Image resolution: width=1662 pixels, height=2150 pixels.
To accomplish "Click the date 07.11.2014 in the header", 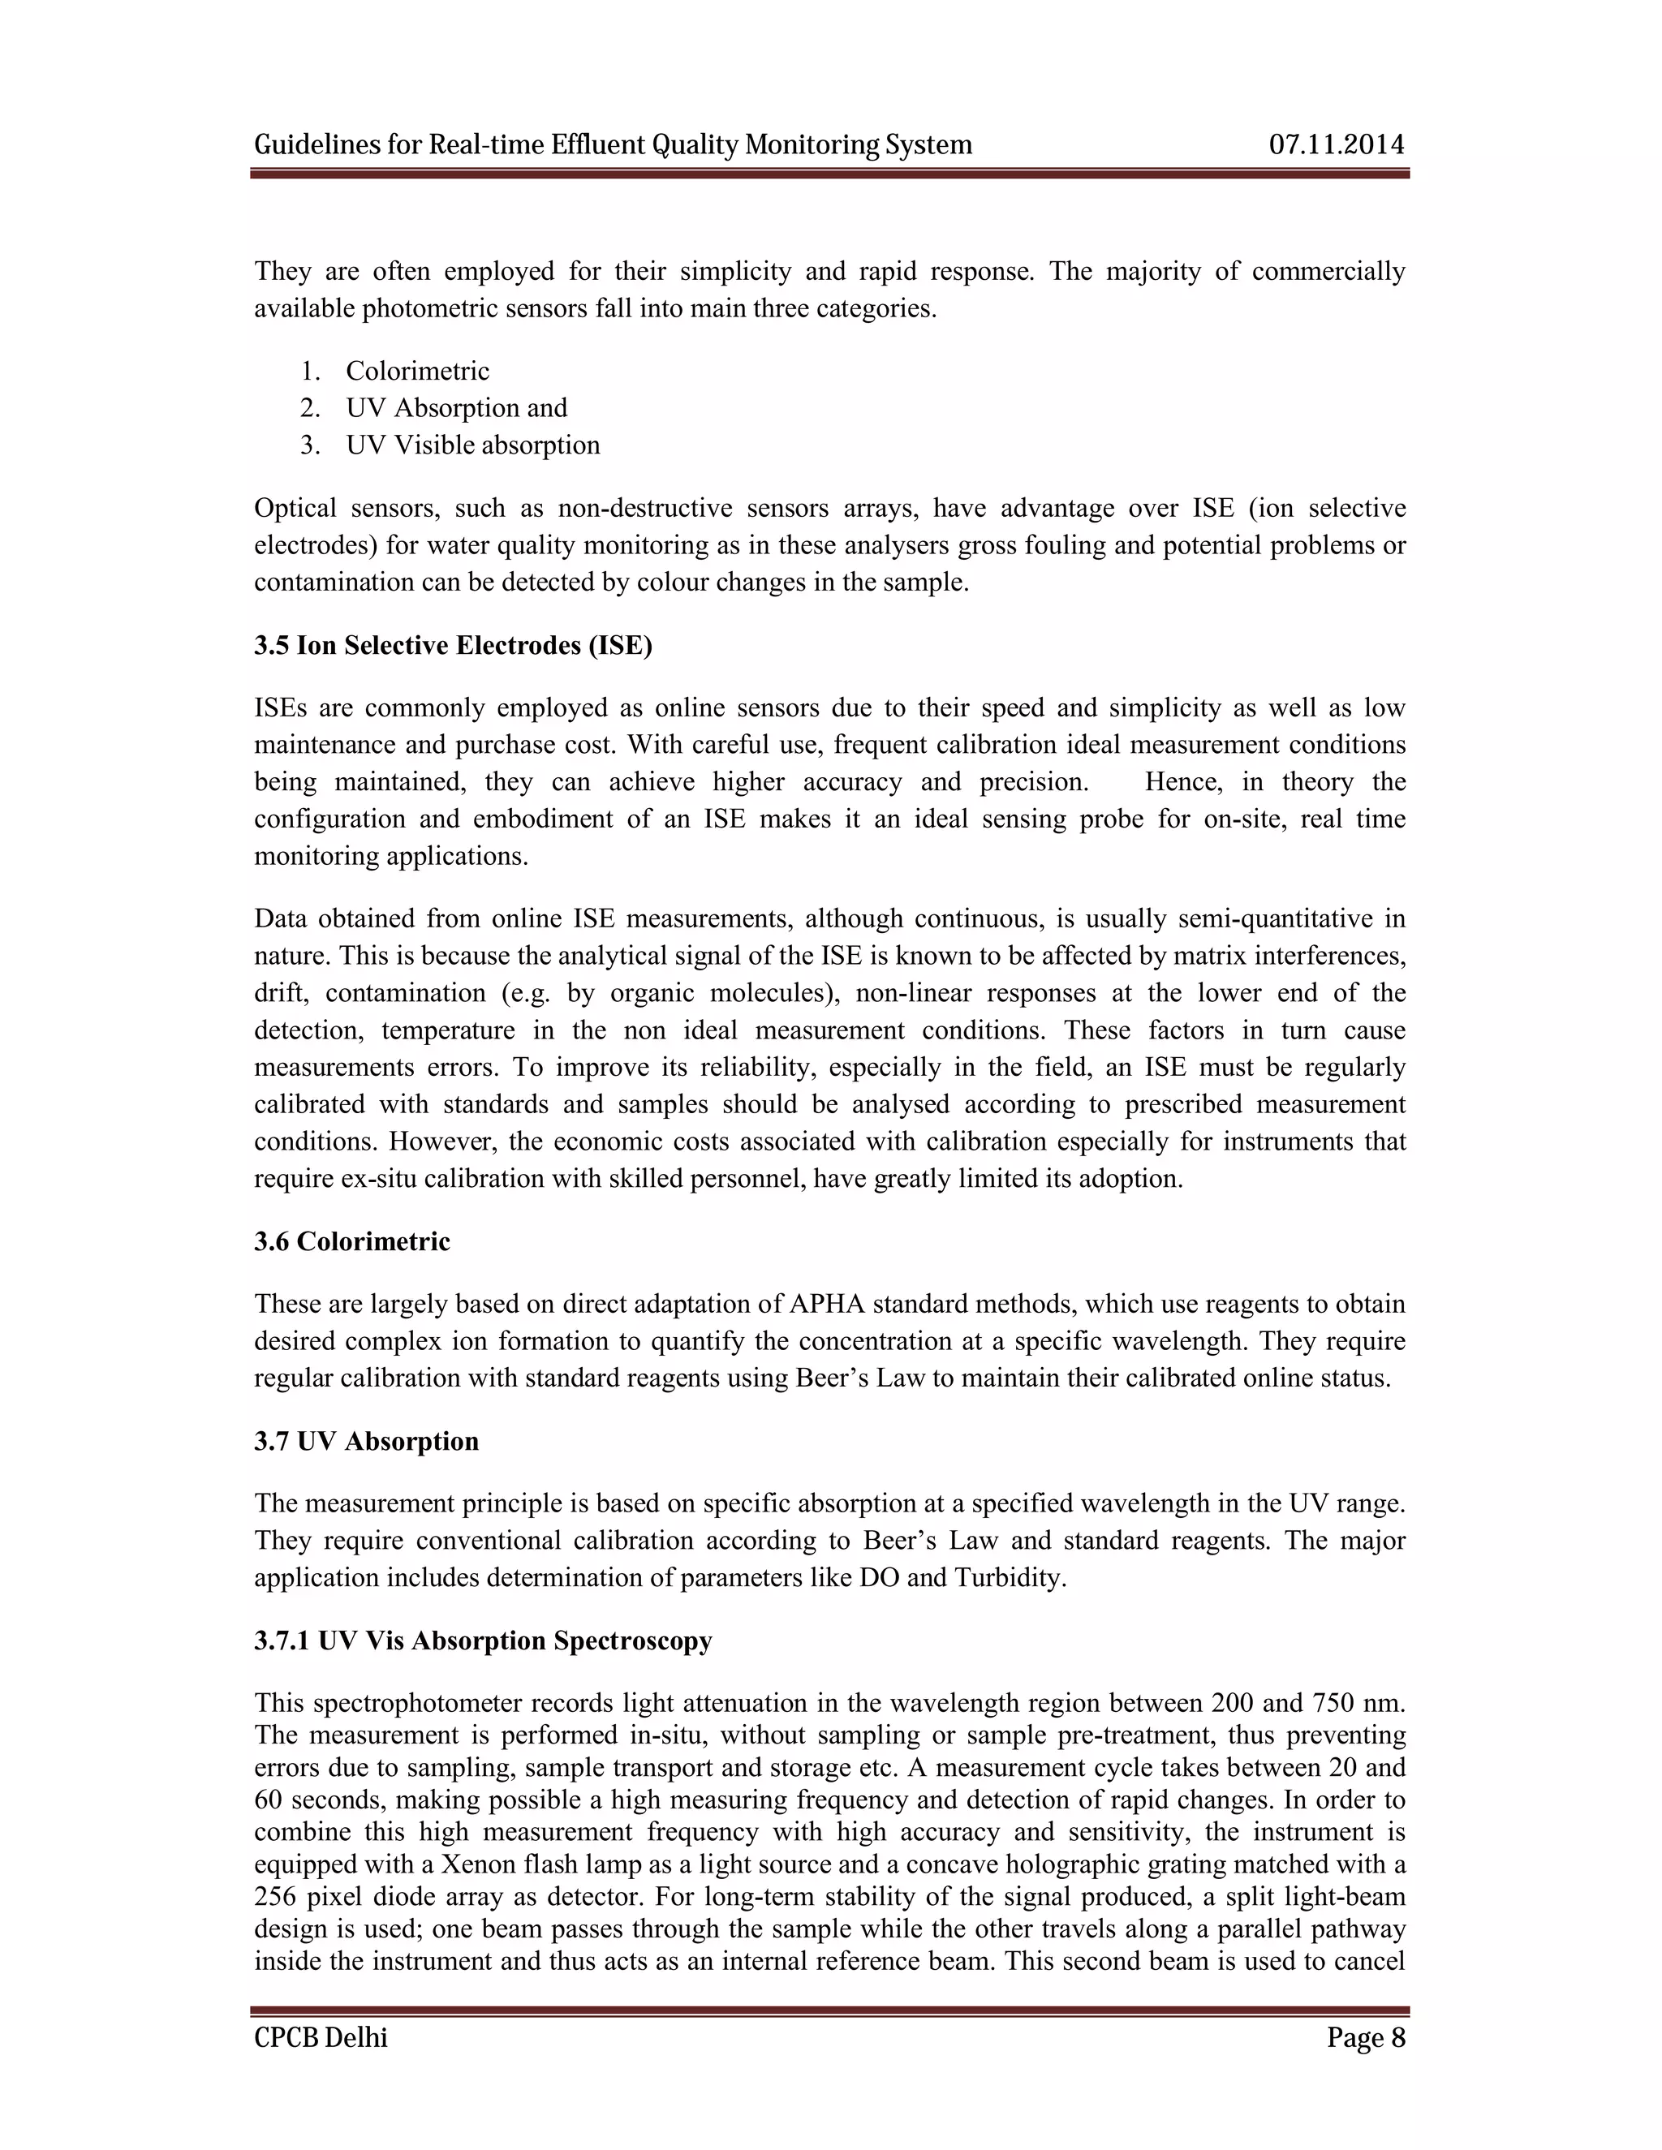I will coord(1336,144).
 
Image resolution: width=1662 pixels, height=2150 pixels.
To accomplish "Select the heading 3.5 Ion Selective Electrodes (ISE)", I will coord(453,646).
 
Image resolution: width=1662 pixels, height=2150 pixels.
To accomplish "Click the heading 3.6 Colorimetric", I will coord(351,1241).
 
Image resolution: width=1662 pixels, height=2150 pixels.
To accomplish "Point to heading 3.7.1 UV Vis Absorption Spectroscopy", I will coord(483,1641).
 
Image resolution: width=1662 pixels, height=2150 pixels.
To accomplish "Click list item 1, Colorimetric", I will coord(416,371).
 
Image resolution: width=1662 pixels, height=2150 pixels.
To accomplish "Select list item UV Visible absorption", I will coord(472,445).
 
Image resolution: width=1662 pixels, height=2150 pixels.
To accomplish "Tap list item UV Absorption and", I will coord(456,407).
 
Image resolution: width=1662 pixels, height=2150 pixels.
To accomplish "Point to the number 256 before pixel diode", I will coord(276,1897).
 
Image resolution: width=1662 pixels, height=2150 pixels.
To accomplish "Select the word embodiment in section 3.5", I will coord(540,819).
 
